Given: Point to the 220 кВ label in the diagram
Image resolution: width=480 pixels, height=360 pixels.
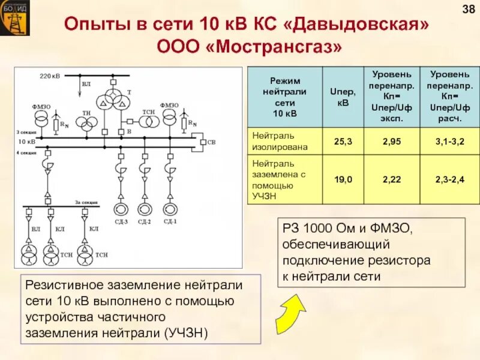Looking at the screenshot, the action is tap(49, 76).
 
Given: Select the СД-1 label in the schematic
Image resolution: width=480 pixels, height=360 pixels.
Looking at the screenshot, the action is tap(170, 222).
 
